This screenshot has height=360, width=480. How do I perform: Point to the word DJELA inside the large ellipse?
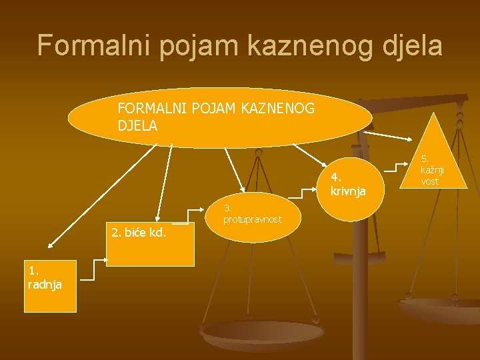tap(137, 125)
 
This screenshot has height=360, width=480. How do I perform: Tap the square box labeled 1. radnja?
tap(51, 286)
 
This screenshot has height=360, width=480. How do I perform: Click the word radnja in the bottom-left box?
tap(45, 285)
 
